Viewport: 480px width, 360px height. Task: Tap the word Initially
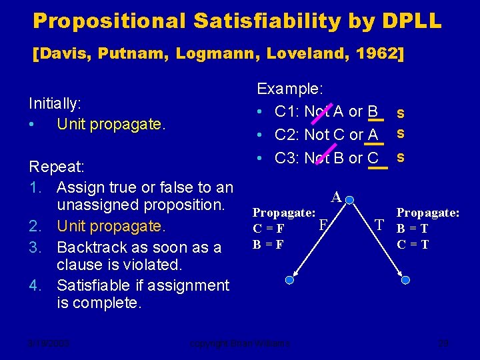[x=55, y=104]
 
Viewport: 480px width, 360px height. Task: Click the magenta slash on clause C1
[x=325, y=111]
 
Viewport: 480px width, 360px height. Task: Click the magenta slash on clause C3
[x=325, y=157]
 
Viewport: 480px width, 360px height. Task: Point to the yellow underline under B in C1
[x=376, y=121]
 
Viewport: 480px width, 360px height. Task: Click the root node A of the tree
[x=337, y=197]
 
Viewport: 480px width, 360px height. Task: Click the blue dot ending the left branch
[x=289, y=281]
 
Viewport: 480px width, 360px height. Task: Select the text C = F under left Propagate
[x=268, y=229]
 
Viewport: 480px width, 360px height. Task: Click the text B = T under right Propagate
[x=413, y=229]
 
